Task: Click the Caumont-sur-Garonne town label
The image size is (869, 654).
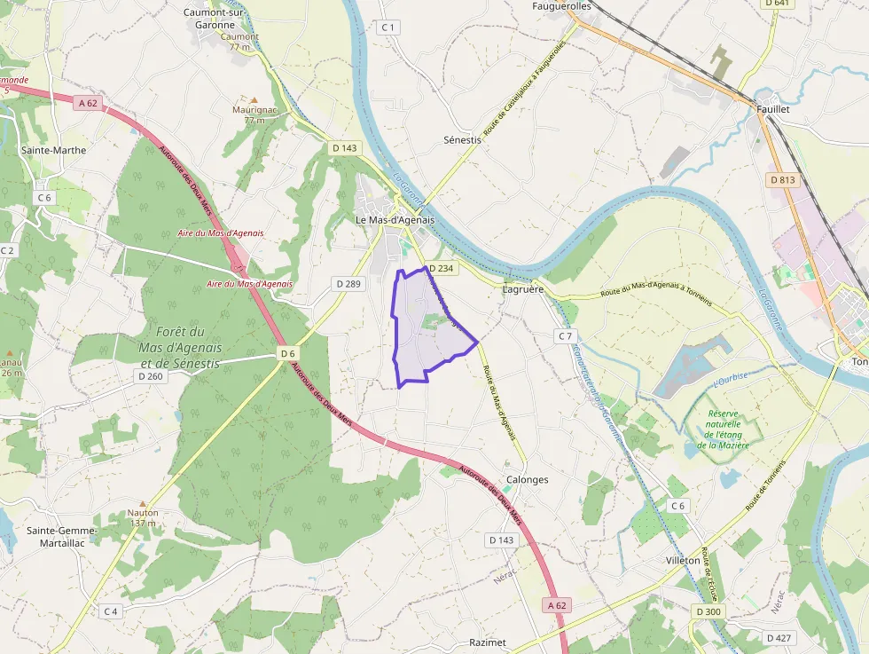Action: pos(209,19)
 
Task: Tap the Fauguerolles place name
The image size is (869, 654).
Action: pos(561,6)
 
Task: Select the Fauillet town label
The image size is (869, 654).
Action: pos(773,108)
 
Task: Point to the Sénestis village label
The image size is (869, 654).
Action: pos(462,140)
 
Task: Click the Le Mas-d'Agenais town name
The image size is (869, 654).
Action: pos(395,219)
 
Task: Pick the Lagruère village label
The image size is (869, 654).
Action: pos(522,289)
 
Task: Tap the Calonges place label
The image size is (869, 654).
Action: pos(527,479)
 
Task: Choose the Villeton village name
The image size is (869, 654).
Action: pos(683,561)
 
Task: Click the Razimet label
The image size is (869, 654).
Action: pos(488,642)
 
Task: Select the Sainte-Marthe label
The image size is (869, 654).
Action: pos(54,150)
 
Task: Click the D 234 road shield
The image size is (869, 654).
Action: pos(441,268)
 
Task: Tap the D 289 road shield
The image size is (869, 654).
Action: pos(348,283)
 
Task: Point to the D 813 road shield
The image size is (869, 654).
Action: pos(783,179)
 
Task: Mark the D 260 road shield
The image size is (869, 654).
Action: pos(151,376)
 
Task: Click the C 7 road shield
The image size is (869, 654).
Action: pos(565,335)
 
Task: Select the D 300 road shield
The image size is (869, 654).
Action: pos(709,611)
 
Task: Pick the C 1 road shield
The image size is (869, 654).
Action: pos(387,28)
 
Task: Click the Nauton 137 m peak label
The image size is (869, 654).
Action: pos(143,517)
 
